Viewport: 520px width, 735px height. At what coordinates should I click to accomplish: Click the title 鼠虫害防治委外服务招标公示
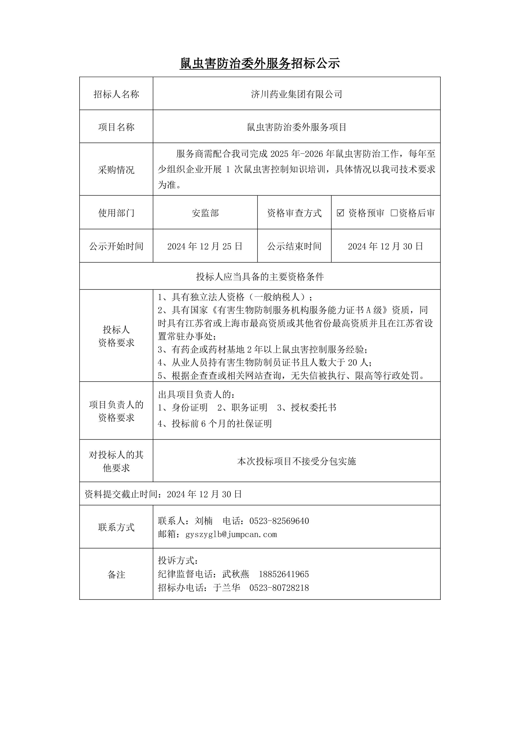tap(260, 63)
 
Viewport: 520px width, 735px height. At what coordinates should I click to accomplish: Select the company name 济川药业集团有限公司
tap(297, 94)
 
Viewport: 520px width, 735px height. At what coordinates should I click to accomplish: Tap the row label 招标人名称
tap(116, 94)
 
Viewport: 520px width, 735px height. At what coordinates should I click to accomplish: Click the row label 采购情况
tap(116, 170)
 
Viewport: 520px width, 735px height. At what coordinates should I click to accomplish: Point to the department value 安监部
tap(205, 213)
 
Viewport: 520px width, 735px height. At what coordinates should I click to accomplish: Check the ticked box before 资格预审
tap(340, 213)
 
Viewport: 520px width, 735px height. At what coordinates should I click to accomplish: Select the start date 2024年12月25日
tap(205, 246)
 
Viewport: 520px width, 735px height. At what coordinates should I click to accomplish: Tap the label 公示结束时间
tap(294, 246)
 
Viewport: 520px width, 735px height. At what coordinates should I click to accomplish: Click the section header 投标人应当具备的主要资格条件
tap(260, 277)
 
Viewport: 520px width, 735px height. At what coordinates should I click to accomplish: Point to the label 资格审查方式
tap(294, 213)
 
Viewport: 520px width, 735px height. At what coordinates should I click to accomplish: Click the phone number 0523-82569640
tap(279, 521)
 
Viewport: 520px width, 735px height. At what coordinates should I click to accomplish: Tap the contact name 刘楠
tap(204, 521)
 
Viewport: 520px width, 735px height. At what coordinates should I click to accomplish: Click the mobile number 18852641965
tap(284, 574)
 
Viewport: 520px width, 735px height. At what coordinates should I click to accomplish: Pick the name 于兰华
tap(227, 587)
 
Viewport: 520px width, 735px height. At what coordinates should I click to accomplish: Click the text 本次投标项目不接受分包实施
tap(297, 461)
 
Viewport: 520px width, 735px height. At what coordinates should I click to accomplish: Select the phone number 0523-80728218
tap(279, 587)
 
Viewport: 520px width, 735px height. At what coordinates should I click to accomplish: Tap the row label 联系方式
tap(116, 527)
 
